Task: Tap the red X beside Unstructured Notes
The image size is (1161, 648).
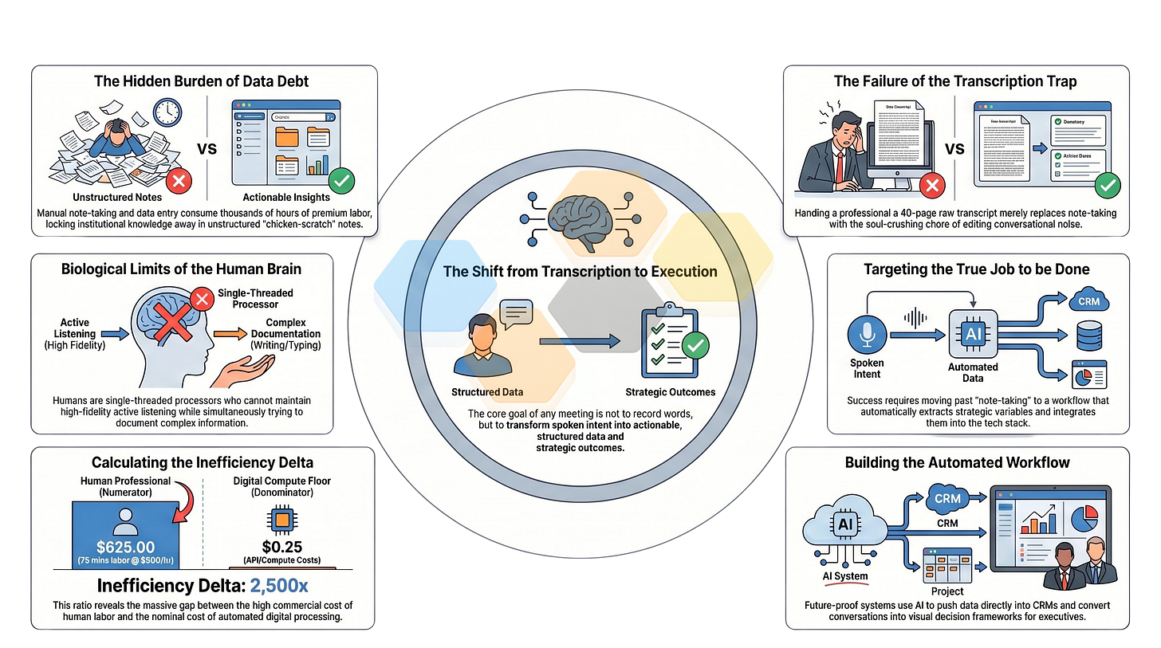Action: (179, 182)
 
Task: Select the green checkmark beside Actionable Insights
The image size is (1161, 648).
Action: (341, 182)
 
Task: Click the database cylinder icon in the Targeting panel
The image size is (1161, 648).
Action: (1088, 336)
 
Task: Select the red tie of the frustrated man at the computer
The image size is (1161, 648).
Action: (840, 165)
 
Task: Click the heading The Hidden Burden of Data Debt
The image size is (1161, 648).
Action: (203, 81)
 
